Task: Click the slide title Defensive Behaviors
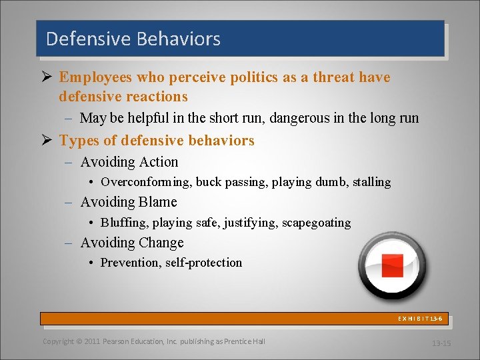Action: click(x=133, y=39)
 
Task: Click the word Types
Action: click(x=79, y=141)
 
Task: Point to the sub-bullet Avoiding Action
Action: click(x=129, y=162)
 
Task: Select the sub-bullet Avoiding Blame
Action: click(x=129, y=202)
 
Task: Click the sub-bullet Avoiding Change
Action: click(x=132, y=243)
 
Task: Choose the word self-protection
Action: click(x=203, y=263)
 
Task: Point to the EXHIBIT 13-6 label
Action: click(x=420, y=319)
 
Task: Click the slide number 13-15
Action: click(x=441, y=343)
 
